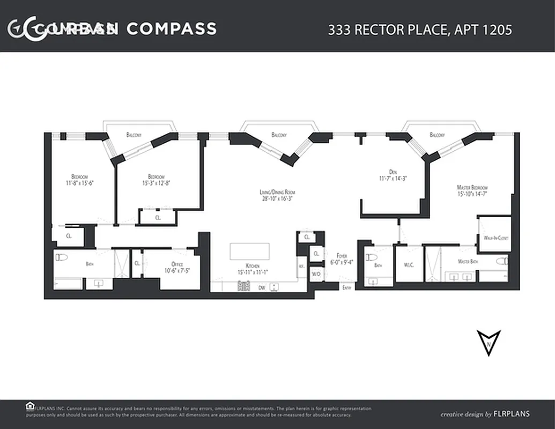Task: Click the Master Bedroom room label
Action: pos(472,187)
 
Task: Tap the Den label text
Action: pos(393,172)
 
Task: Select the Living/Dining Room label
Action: pos(277,192)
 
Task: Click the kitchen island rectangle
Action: pos(249,252)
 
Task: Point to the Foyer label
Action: pos(342,256)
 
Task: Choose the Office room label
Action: pos(177,264)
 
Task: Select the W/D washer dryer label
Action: pos(316,274)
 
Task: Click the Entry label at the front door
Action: pos(347,288)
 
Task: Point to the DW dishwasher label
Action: pos(262,288)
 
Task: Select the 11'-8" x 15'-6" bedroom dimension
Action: pos(79,183)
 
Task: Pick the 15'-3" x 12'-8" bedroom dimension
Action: pos(156,183)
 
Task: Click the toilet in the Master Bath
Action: pos(501,262)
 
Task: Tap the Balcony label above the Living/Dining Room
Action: pos(279,135)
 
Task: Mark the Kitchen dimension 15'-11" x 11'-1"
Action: pos(253,272)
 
